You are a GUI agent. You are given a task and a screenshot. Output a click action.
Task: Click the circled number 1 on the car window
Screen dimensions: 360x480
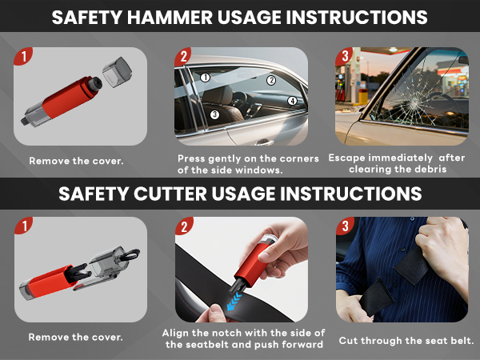click(x=206, y=78)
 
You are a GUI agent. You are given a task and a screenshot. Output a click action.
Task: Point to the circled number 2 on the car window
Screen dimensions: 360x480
click(x=271, y=80)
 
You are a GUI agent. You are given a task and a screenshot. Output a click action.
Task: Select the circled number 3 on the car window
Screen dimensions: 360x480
click(x=214, y=114)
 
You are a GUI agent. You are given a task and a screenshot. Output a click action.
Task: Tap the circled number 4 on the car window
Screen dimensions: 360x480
click(x=293, y=101)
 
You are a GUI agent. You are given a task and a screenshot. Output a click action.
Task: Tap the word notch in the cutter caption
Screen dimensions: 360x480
click(x=226, y=332)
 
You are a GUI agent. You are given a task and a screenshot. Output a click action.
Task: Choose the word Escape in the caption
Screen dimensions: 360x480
click(x=346, y=158)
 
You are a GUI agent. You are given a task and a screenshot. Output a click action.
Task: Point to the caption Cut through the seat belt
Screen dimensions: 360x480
click(x=406, y=339)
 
